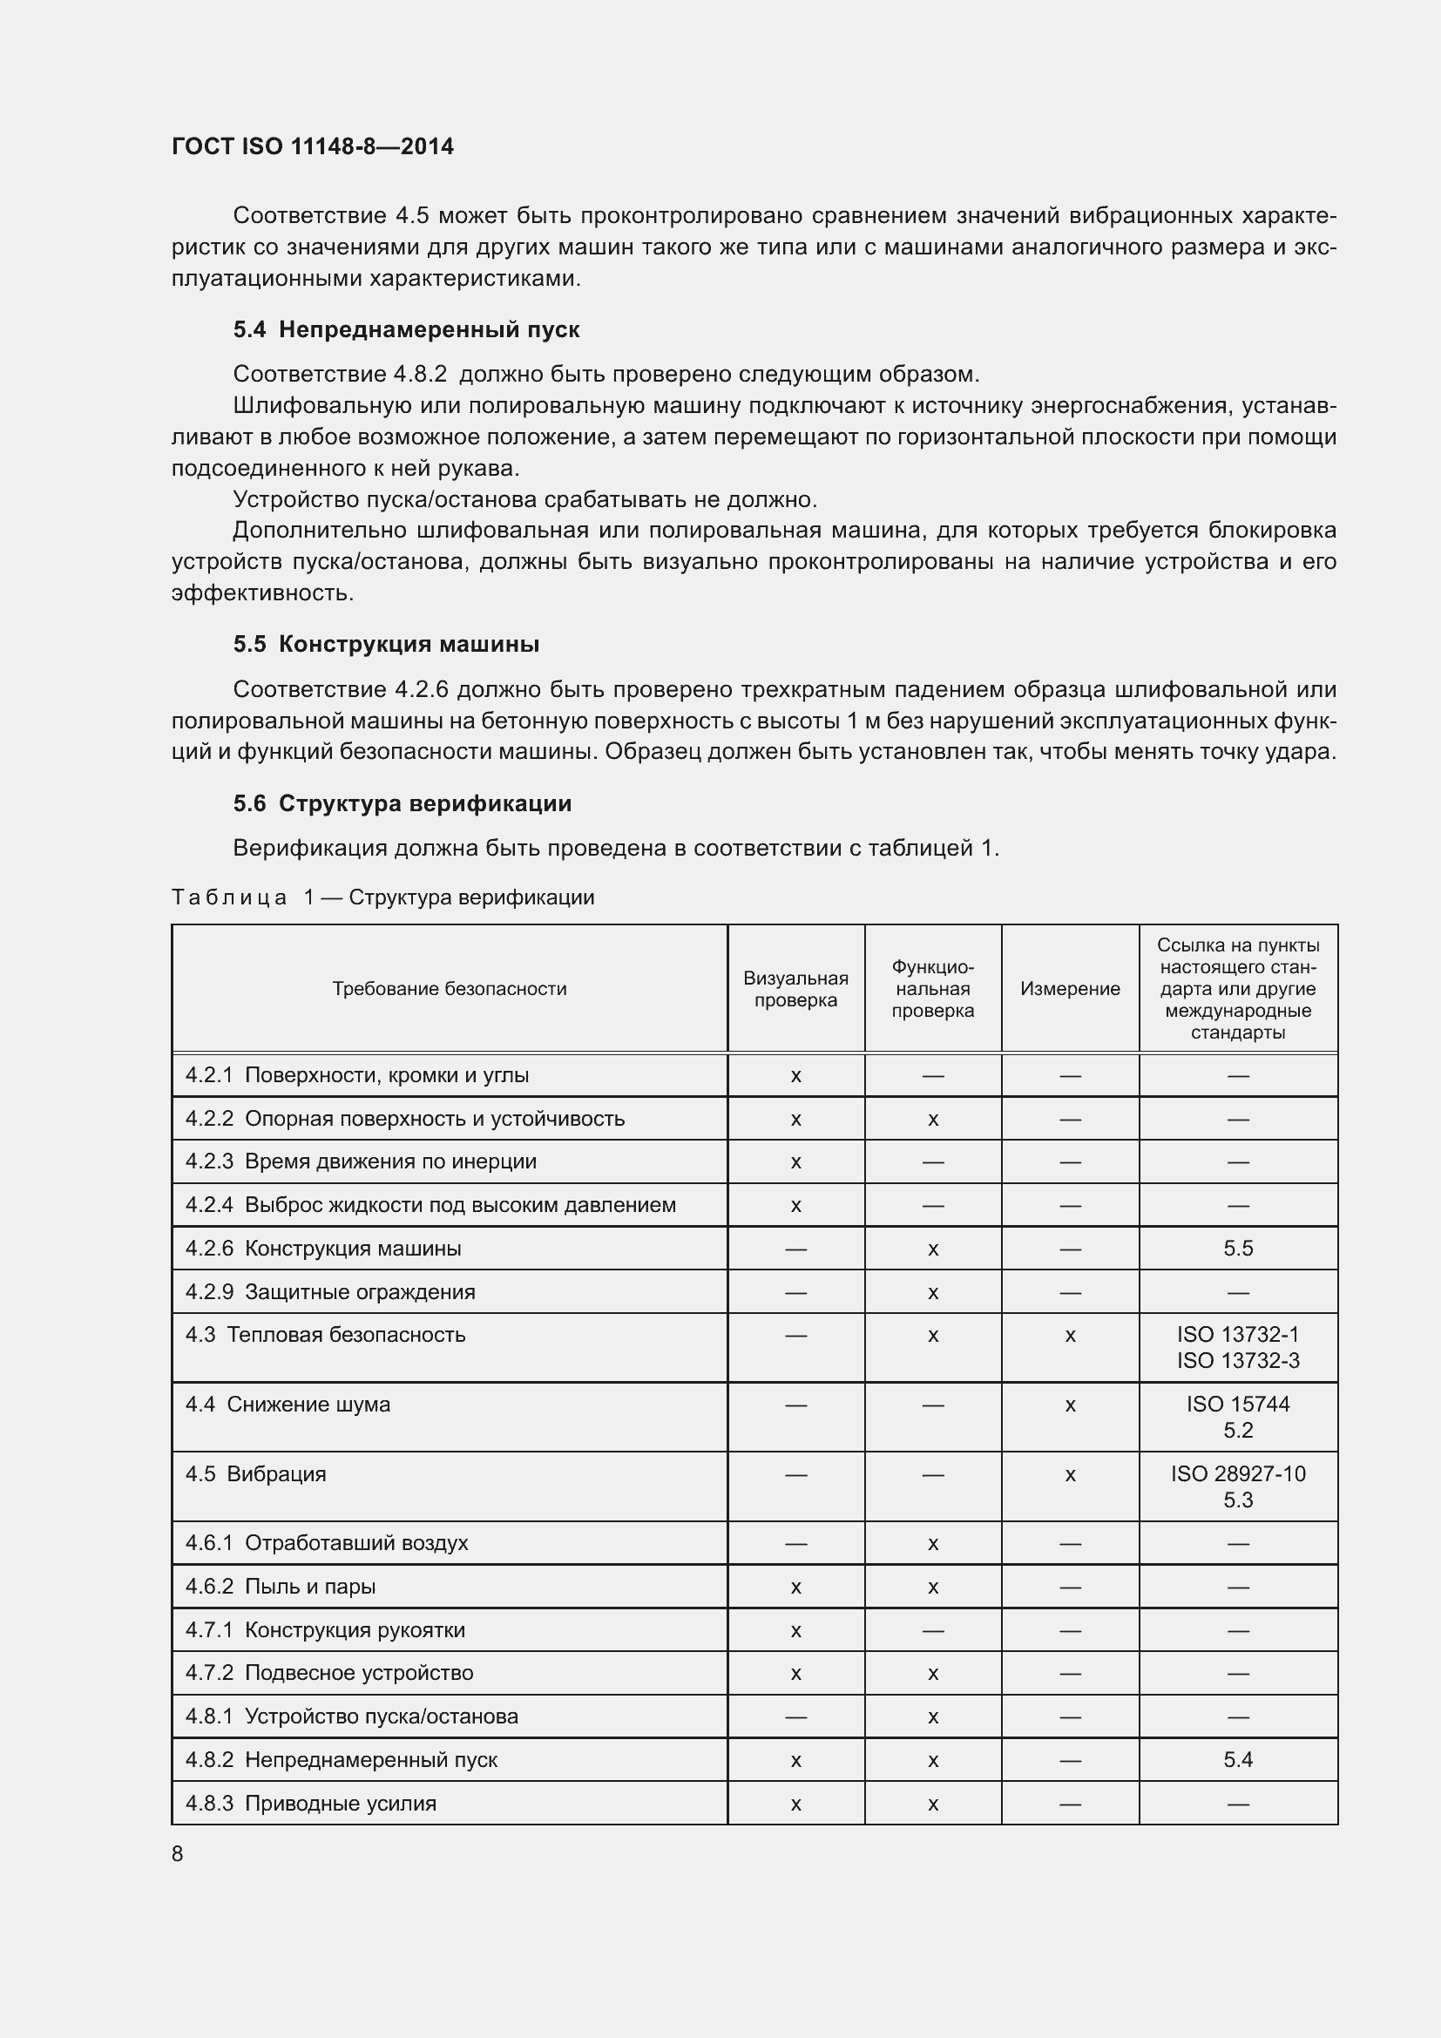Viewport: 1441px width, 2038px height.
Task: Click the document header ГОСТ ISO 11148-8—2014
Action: [313, 146]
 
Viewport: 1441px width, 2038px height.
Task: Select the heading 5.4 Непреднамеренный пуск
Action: [405, 329]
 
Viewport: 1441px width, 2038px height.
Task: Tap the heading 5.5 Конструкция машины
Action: [386, 645]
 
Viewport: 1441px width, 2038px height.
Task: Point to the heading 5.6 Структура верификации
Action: [402, 803]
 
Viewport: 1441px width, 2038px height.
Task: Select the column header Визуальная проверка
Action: [795, 989]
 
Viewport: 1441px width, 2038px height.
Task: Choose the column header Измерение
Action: [1069, 989]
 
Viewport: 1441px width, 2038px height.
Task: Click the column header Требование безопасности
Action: [449, 989]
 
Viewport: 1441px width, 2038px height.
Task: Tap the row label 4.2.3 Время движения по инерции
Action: [361, 1162]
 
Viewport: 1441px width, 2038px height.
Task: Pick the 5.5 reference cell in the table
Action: [1237, 1249]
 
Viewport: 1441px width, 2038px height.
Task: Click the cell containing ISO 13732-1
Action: [1237, 1335]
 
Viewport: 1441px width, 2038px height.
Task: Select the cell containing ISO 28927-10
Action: [1237, 1474]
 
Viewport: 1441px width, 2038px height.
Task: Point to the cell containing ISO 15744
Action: [1237, 1405]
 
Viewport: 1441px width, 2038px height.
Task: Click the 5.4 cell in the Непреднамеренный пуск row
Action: [1237, 1760]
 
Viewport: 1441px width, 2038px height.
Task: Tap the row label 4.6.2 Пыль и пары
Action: [281, 1587]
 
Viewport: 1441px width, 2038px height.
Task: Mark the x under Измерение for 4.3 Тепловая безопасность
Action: [1069, 1336]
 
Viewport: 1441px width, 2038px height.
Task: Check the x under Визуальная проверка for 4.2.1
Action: [795, 1077]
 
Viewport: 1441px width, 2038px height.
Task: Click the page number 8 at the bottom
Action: [178, 1854]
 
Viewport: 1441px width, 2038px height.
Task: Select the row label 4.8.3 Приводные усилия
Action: [310, 1804]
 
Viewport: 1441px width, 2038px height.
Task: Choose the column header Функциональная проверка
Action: [931, 989]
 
